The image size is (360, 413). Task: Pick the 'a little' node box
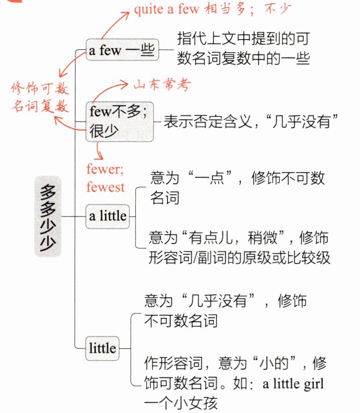(108, 216)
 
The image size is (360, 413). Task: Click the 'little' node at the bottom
(102, 348)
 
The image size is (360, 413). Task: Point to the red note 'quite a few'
(166, 10)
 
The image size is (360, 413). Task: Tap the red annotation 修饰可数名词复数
(39, 97)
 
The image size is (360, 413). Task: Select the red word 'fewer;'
(104, 170)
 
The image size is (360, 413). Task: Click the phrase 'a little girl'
(293, 384)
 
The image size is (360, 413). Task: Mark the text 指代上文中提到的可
(243, 40)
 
